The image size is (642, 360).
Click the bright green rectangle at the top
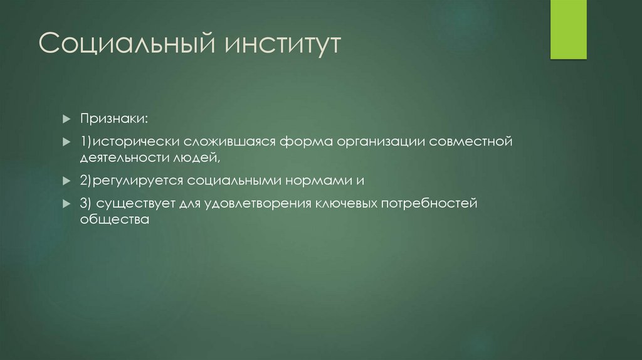tap(568, 29)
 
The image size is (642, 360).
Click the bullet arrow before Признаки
tap(66, 119)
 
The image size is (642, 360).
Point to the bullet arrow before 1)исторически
tap(66, 141)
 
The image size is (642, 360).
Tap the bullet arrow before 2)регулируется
tap(66, 181)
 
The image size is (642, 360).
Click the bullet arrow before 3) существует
tap(66, 203)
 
